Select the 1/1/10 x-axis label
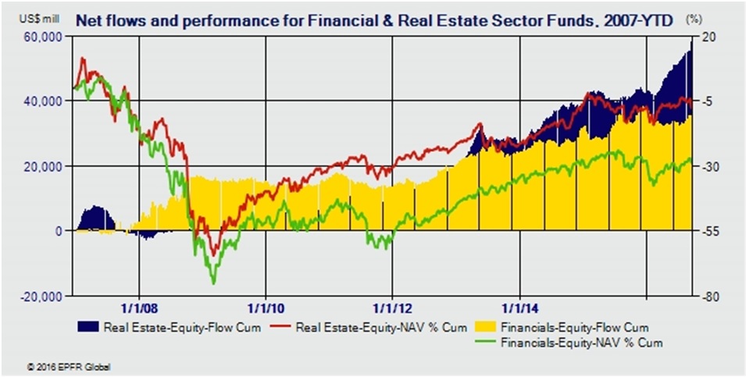tap(266, 308)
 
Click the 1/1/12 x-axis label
tap(391, 308)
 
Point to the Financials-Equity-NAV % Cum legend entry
tap(581, 342)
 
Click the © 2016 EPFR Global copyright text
tap(63, 365)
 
